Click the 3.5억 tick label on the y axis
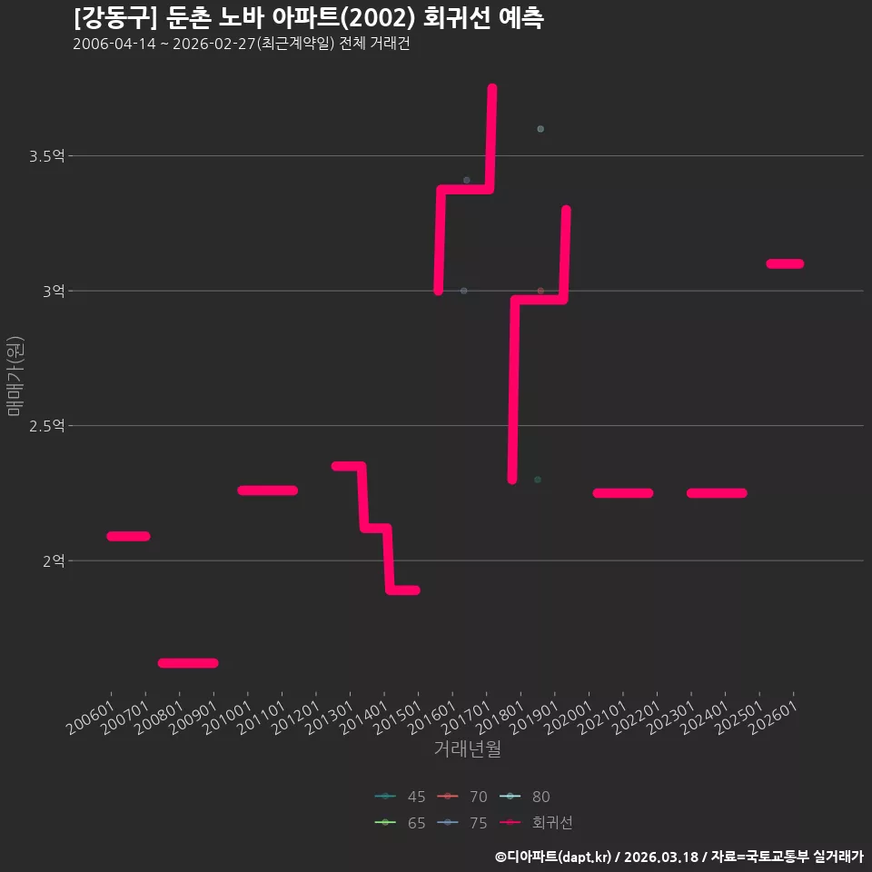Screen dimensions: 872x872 (x=47, y=156)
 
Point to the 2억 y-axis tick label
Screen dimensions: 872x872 (x=54, y=560)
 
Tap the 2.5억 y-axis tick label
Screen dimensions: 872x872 (x=47, y=426)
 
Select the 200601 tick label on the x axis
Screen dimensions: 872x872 (x=91, y=718)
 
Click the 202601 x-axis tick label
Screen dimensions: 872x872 (x=774, y=718)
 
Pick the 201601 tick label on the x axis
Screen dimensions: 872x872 (x=432, y=718)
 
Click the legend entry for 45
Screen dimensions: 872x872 (x=400, y=797)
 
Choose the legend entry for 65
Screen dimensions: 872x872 (x=400, y=823)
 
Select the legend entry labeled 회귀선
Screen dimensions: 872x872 (x=536, y=823)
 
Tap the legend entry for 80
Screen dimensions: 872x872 (x=524, y=797)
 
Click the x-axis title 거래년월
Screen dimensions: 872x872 (x=467, y=748)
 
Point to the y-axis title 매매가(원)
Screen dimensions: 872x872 (x=15, y=376)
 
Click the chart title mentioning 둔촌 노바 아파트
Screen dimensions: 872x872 (x=309, y=18)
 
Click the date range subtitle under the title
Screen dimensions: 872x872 (x=242, y=44)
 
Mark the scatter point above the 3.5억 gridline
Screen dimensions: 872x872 (x=540, y=129)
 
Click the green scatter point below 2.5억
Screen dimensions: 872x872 (x=538, y=480)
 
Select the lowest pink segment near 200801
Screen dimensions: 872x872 (x=188, y=663)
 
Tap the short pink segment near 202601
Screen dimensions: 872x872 (x=785, y=263)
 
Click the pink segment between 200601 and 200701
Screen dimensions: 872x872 (x=128, y=536)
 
